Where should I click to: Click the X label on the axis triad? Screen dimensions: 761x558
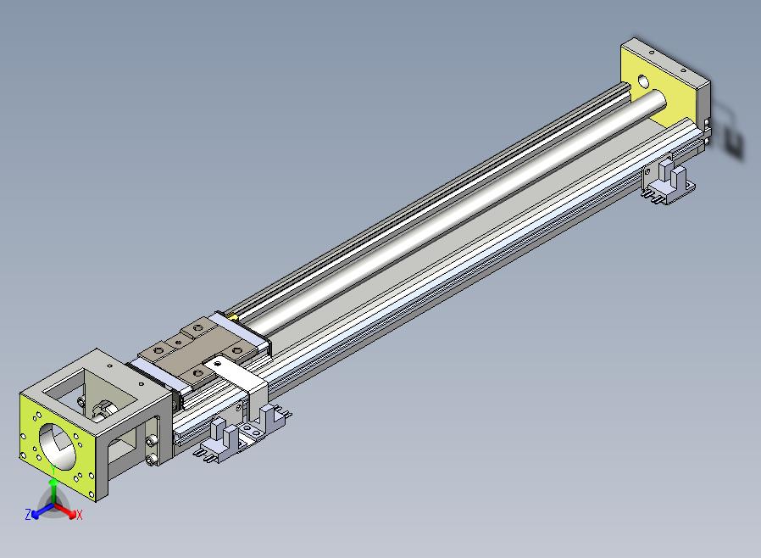pyautogui.click(x=80, y=515)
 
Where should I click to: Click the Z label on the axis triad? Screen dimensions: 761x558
pyautogui.click(x=28, y=514)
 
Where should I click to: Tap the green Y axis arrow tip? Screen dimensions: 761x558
pyautogui.click(x=53, y=482)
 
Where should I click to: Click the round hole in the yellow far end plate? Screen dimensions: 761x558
pyautogui.click(x=643, y=81)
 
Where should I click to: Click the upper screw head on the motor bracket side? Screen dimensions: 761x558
pyautogui.click(x=151, y=441)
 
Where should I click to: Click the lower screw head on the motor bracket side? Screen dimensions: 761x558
pyautogui.click(x=151, y=459)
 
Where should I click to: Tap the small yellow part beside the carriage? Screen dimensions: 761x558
pyautogui.click(x=233, y=316)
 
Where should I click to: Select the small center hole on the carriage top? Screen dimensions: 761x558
pyautogui.click(x=179, y=343)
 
